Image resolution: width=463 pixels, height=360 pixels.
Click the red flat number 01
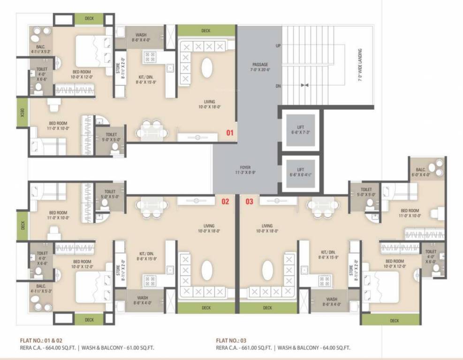pyautogui.click(x=230, y=133)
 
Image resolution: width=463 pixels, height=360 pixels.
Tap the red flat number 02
pyautogui.click(x=225, y=202)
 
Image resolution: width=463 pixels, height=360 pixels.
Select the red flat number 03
pyautogui.click(x=249, y=202)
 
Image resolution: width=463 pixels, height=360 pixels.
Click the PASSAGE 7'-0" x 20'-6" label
pyautogui.click(x=261, y=67)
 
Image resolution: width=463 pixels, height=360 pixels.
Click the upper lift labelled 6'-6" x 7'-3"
pyautogui.click(x=301, y=130)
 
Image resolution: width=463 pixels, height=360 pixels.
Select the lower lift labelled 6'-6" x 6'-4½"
pyautogui.click(x=301, y=172)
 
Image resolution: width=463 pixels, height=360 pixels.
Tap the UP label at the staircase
pyautogui.click(x=278, y=46)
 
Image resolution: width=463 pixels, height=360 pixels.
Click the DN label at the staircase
pyautogui.click(x=278, y=86)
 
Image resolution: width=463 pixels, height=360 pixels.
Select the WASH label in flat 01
pyautogui.click(x=142, y=37)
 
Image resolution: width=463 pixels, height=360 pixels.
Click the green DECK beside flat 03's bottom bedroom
pyautogui.click(x=394, y=321)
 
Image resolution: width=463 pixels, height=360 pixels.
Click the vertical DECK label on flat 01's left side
pyautogui.click(x=22, y=112)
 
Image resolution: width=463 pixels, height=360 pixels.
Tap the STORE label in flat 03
pyautogui.click(x=351, y=272)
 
